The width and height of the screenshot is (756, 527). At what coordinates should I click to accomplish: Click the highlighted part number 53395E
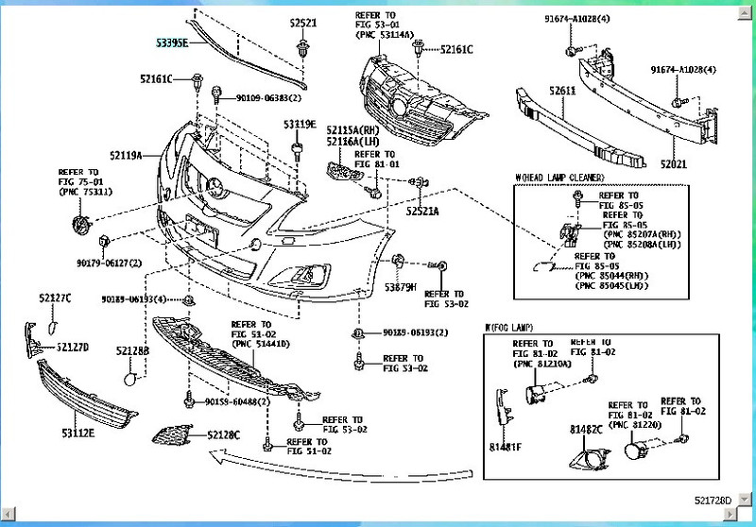[173, 43]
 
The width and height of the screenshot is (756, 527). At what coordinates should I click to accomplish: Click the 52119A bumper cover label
[126, 155]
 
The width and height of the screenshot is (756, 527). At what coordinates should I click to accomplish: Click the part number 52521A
[422, 212]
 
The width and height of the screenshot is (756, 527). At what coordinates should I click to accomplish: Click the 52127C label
[55, 298]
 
